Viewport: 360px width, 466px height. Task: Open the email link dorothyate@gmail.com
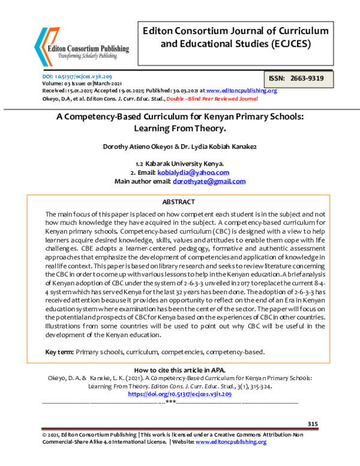click(x=209, y=181)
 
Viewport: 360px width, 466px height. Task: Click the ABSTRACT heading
click(x=180, y=203)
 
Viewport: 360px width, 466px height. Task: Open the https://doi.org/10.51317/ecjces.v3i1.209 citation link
click(x=180, y=394)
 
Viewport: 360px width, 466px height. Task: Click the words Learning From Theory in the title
click(x=180, y=129)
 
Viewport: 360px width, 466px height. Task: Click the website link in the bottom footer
click(x=230, y=441)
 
